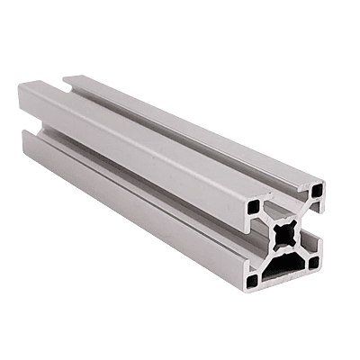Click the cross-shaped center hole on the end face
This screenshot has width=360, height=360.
tap(287, 236)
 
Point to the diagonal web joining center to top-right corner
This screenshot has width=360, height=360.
tap(302, 214)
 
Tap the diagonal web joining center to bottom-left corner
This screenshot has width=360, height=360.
tap(272, 259)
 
